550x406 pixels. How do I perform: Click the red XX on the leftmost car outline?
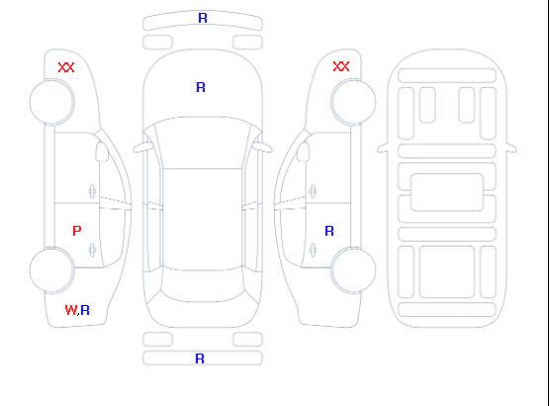click(66, 67)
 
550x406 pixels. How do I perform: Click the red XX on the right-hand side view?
click(341, 66)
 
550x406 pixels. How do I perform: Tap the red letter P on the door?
click(77, 231)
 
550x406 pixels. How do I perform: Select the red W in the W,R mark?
click(70, 310)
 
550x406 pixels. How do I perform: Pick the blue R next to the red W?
click(85, 310)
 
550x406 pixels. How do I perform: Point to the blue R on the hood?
click(201, 87)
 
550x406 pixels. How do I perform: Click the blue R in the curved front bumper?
click(203, 18)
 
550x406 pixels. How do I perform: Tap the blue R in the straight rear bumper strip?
click(200, 358)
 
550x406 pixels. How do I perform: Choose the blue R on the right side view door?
click(329, 231)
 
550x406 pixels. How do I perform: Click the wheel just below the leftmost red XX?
click(51, 102)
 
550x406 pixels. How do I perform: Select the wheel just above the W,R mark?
click(51, 270)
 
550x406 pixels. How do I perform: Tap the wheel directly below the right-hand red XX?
click(353, 102)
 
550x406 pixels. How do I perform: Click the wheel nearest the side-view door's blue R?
click(353, 269)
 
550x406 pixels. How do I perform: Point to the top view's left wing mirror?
click(141, 148)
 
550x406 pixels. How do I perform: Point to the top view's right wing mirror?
click(263, 148)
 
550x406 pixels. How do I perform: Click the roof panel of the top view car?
click(203, 220)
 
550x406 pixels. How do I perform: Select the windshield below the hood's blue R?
click(203, 143)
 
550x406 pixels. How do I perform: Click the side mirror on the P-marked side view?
click(102, 152)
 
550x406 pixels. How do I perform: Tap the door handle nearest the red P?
click(92, 250)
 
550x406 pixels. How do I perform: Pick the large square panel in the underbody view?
click(447, 271)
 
